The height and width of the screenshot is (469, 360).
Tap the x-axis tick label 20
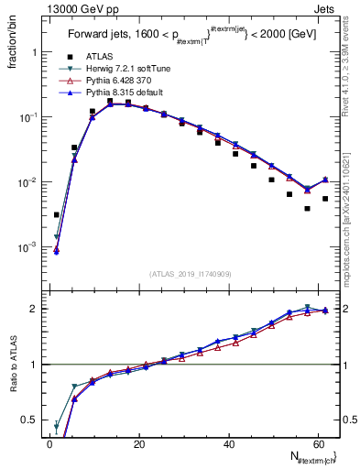[139, 444]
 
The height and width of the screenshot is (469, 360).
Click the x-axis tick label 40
[229, 444]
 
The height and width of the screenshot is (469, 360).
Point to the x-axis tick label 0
[50, 444]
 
